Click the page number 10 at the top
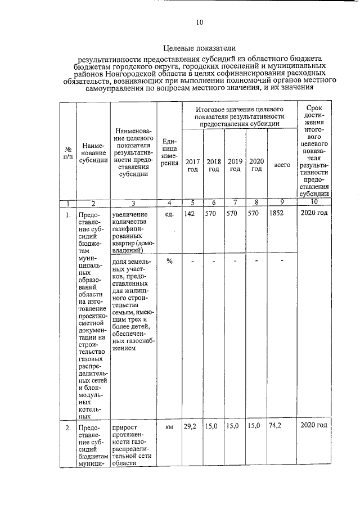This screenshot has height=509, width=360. tap(199, 22)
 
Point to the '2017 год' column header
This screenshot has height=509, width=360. tap(192, 165)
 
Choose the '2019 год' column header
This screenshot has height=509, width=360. tap(235, 165)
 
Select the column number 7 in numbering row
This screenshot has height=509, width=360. tap(235, 202)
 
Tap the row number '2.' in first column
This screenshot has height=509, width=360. tap(67, 427)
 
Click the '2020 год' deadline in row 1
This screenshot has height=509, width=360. tap(314, 214)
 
